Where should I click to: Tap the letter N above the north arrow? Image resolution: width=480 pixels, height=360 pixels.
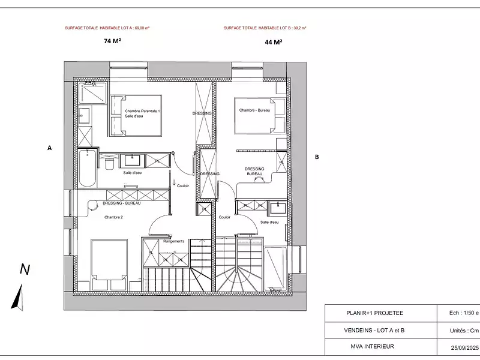point(25,269)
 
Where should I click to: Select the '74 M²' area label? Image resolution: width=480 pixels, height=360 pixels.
point(112,42)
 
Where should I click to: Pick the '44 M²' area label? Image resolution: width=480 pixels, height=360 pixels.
point(273,42)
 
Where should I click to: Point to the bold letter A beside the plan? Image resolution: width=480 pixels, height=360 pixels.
point(50,147)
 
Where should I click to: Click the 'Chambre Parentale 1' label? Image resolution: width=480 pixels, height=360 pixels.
point(142,111)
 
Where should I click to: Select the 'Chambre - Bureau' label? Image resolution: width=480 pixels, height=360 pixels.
point(254,110)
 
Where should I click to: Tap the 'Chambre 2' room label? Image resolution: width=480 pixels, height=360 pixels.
point(113,217)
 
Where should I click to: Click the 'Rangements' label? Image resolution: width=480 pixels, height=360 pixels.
point(174,241)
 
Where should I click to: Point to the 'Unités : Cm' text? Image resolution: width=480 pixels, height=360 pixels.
point(463,330)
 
